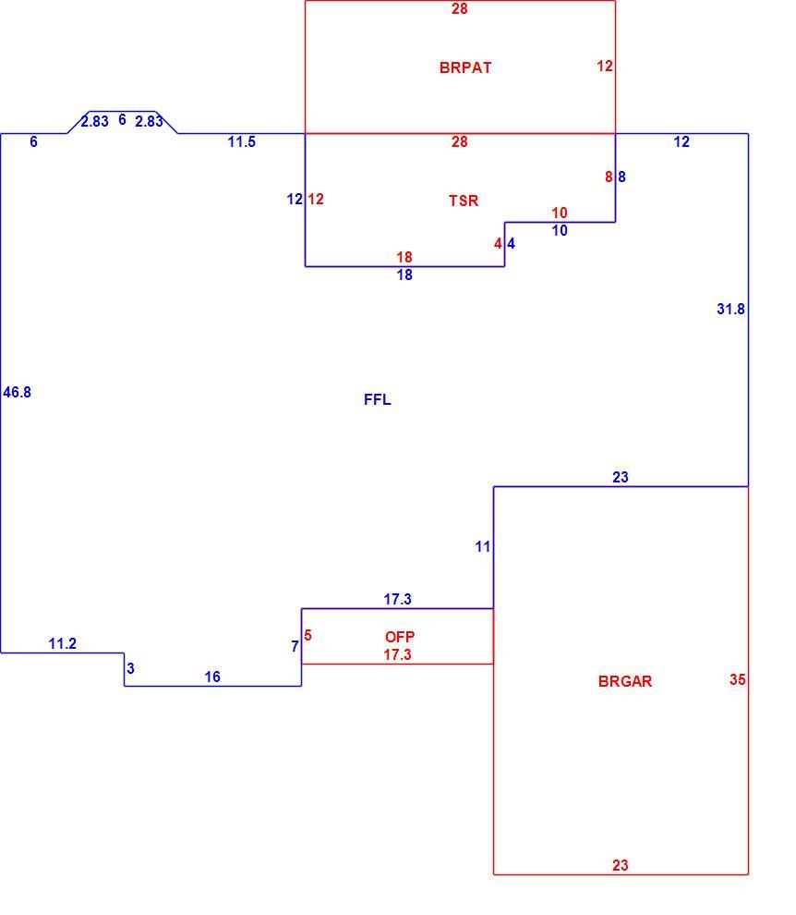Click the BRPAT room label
pos(465,67)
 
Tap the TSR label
pos(464,201)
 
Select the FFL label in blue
pos(378,399)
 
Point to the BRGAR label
pos(625,681)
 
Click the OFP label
pos(400,637)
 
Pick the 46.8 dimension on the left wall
pos(17,392)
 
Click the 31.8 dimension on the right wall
pos(730,309)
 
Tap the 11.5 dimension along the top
pos(241,141)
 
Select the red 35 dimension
pos(738,679)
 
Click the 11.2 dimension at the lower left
pos(63,643)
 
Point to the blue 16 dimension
pos(212,677)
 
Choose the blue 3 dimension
pos(130,668)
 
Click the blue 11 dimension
pos(483,547)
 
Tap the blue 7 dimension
pos(295,647)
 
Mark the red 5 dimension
pos(308,636)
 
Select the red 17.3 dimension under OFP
pos(398,654)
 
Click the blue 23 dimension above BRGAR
pos(621,477)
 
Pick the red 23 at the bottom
pos(621,865)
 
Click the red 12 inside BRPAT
pos(605,66)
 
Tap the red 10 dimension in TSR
pos(560,213)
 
